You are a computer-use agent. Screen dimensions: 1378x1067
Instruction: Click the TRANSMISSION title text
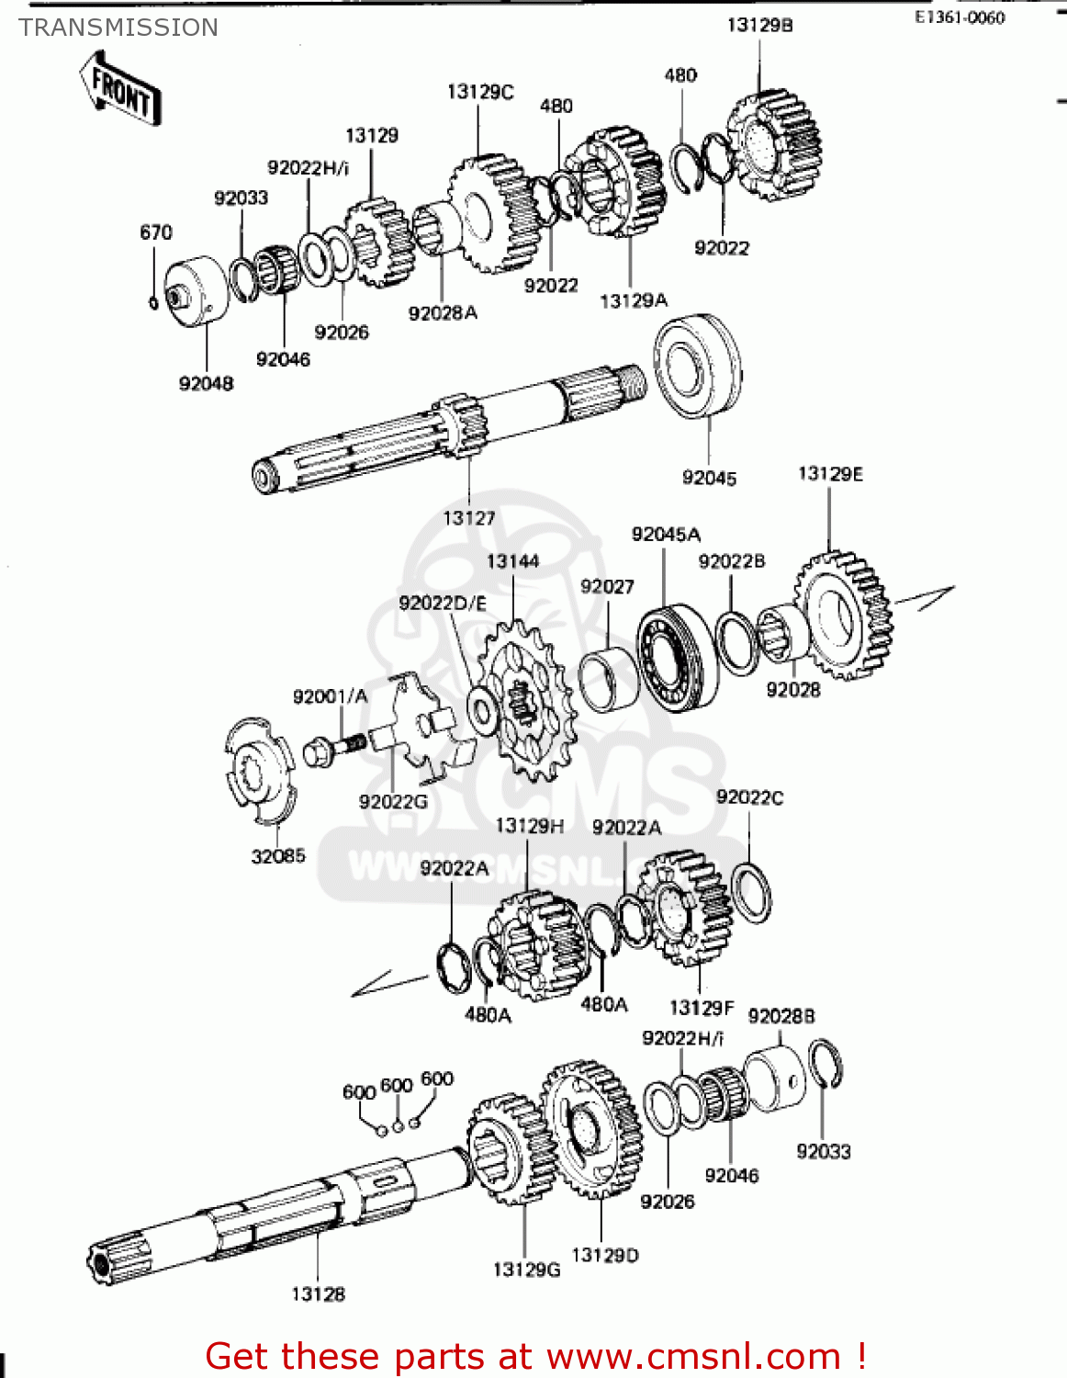pos(118,28)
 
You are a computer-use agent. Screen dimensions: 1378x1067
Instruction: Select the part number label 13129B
pos(759,26)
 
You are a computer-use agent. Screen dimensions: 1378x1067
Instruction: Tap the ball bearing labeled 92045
pos(698,365)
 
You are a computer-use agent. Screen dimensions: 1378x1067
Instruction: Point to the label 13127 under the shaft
pos(469,518)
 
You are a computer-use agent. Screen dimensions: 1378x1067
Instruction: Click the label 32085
pos(278,856)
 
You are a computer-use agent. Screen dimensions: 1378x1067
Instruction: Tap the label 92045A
pos(666,535)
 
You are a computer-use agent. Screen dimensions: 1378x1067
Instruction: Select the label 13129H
pos(530,826)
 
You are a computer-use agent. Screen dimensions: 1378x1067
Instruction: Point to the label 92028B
pos(781,1016)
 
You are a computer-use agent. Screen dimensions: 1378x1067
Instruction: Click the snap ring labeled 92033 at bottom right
pos(825,1065)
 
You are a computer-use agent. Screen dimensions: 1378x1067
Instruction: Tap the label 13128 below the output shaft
pos(319,1294)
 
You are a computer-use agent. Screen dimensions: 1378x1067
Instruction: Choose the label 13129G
pos(526,1270)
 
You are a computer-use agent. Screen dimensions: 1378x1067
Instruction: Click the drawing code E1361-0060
pos(960,17)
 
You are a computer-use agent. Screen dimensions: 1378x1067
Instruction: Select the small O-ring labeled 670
pos(153,301)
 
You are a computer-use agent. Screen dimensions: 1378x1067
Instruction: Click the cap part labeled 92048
pos(195,289)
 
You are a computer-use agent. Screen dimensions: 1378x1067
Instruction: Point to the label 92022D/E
pos(443,604)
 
